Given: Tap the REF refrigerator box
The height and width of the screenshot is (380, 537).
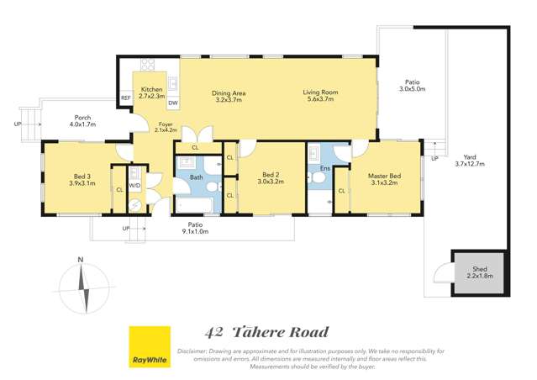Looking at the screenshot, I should point(125,98).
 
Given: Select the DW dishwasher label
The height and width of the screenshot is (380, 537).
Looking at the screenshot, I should point(172,103).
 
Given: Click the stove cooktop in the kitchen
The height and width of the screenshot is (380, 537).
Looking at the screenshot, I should point(148,64).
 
